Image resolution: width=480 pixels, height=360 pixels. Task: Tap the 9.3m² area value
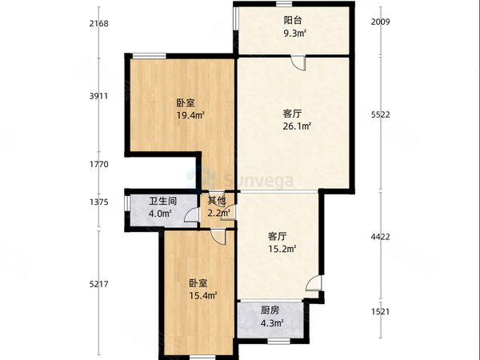click(294, 34)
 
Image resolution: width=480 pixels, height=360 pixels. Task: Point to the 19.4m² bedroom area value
click(189, 115)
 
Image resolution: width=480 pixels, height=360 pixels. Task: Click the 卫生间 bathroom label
click(162, 202)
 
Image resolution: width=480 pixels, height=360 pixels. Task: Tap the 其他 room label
click(218, 202)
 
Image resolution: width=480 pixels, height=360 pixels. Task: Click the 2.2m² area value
click(218, 214)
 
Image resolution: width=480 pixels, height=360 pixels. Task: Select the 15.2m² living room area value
click(282, 249)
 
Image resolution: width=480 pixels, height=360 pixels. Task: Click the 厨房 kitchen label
click(270, 311)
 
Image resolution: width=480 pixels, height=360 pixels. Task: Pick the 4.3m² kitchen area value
click(270, 324)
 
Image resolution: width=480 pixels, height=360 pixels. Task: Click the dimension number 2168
click(99, 23)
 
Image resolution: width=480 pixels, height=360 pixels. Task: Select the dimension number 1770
click(99, 165)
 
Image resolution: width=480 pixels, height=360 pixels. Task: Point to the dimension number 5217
click(99, 286)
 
